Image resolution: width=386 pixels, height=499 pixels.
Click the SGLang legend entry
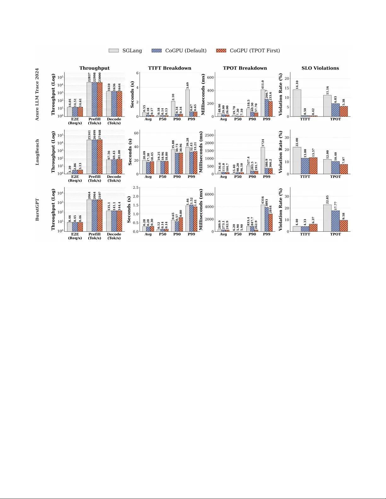[125, 51]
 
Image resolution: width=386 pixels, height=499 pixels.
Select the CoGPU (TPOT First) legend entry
[248, 51]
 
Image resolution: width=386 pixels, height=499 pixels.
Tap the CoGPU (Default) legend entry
[179, 51]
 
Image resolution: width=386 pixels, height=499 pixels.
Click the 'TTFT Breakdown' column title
[170, 68]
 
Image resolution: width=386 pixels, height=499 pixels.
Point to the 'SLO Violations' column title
[320, 68]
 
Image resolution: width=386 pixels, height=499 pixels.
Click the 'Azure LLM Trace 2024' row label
[37, 94]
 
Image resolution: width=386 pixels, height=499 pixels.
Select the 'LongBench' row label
[37, 152]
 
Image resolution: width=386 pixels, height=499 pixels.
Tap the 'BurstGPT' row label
[37, 209]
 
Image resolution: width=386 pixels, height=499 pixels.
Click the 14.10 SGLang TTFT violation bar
[297, 103]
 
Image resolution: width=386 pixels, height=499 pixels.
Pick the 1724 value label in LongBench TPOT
[263, 143]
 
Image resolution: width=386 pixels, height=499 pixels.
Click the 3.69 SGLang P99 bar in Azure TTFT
[187, 103]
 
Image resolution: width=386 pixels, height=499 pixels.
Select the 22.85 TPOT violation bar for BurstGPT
[327, 218]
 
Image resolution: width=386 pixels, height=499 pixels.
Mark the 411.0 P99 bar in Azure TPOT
[263, 103]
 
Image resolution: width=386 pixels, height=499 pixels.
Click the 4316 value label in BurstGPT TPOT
[263, 200]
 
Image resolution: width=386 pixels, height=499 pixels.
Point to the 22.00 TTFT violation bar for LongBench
[297, 161]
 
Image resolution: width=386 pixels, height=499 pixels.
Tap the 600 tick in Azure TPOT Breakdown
[210, 77]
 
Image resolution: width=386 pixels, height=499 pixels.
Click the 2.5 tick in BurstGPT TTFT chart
[135, 188]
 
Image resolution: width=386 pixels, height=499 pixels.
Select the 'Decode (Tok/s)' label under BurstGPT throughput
[114, 236]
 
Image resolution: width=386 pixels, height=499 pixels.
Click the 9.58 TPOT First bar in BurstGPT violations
[344, 226]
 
